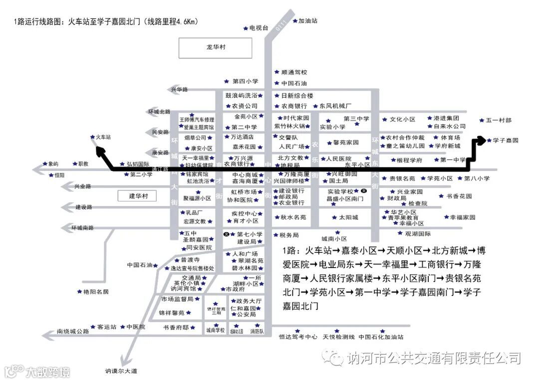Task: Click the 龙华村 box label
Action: [x=216, y=47]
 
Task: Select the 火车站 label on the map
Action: [x=103, y=136]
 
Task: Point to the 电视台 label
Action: [x=259, y=28]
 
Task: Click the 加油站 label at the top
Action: [x=308, y=21]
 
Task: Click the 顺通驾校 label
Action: [x=294, y=72]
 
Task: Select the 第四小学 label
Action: [x=245, y=81]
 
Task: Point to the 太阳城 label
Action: [x=348, y=217]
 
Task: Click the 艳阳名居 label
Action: [x=96, y=291]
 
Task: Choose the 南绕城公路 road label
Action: [x=73, y=331]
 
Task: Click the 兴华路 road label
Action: [x=179, y=89]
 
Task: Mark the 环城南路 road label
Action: [x=82, y=228]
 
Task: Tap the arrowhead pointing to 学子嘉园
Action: [x=481, y=140]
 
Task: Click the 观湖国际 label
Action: [x=418, y=233]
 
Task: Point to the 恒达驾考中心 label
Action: [x=298, y=337]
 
